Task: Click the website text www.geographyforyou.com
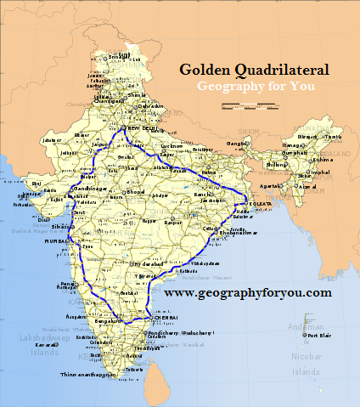[x=248, y=292]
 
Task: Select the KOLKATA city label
[x=258, y=205]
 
